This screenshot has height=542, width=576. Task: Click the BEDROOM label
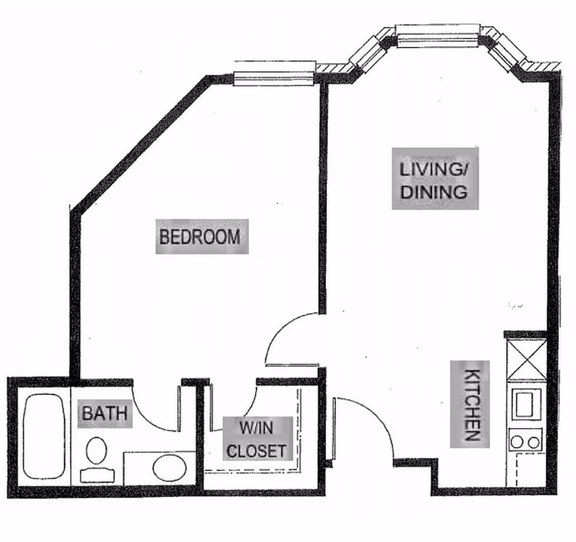(x=200, y=237)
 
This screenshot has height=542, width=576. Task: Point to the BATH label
(x=104, y=414)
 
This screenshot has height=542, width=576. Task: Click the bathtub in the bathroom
(x=44, y=436)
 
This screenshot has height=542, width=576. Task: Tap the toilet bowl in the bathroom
(x=97, y=450)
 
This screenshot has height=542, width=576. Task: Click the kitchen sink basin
(x=524, y=404)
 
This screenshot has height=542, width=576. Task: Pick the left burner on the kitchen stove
(x=517, y=442)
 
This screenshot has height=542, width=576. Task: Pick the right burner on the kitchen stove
(x=533, y=443)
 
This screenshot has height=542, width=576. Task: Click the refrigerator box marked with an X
(x=526, y=359)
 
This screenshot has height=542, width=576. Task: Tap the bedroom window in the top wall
(x=274, y=78)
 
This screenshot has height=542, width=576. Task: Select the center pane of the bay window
(x=437, y=36)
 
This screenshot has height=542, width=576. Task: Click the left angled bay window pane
(x=368, y=54)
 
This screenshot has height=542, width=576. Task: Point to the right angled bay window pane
(x=506, y=52)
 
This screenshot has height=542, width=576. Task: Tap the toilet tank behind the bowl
(x=97, y=476)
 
